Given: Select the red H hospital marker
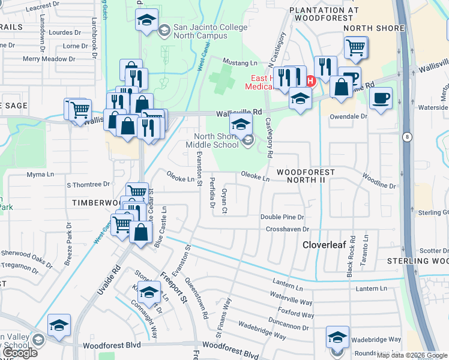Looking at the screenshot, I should pos(310,81).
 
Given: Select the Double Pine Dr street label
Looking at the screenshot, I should pos(282,217).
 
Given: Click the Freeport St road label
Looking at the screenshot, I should pos(175,287).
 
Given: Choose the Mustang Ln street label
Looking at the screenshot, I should pos(240,62).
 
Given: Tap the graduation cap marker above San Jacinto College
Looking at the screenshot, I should pos(146,20).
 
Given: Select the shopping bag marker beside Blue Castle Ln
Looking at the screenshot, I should pos(140,232).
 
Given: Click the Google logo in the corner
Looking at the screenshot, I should pos(20,352).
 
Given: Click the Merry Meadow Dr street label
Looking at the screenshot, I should pos(49,59).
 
